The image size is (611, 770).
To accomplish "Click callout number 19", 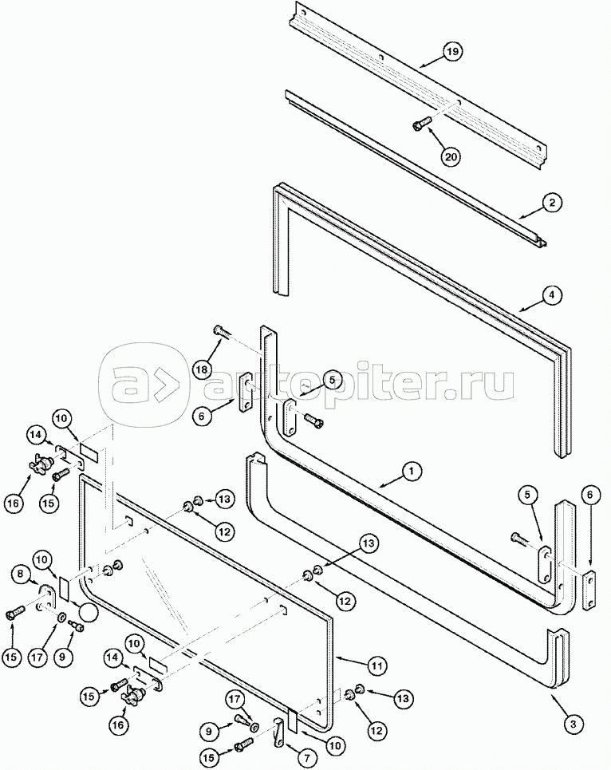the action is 452,53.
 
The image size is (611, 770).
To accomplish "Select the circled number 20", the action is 451,156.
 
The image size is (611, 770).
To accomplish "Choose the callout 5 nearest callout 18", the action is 311,379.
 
